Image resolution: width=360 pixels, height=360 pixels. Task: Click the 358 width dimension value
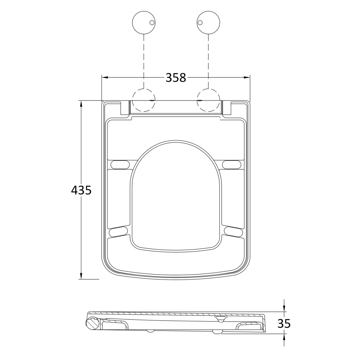click(176, 78)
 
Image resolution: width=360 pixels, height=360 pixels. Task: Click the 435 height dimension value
click(81, 190)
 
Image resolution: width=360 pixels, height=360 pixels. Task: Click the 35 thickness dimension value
click(284, 324)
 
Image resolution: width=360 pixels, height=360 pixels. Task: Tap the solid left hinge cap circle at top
click(144, 23)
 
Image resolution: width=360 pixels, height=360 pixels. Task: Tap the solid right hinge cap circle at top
click(208, 23)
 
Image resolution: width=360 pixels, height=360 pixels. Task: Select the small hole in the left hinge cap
click(152, 23)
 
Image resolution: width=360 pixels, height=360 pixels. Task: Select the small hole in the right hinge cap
click(200, 23)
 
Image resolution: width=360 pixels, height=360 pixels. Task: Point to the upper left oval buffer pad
click(120, 164)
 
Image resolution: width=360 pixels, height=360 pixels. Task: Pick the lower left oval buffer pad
click(119, 232)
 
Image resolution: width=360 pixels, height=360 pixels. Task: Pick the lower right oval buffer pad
click(234, 232)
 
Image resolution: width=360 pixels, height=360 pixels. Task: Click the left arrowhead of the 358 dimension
click(105, 78)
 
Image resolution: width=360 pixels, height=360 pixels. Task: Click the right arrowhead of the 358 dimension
click(247, 78)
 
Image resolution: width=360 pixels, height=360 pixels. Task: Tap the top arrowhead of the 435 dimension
click(81, 104)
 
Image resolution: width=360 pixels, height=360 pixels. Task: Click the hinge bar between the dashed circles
click(176, 107)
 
